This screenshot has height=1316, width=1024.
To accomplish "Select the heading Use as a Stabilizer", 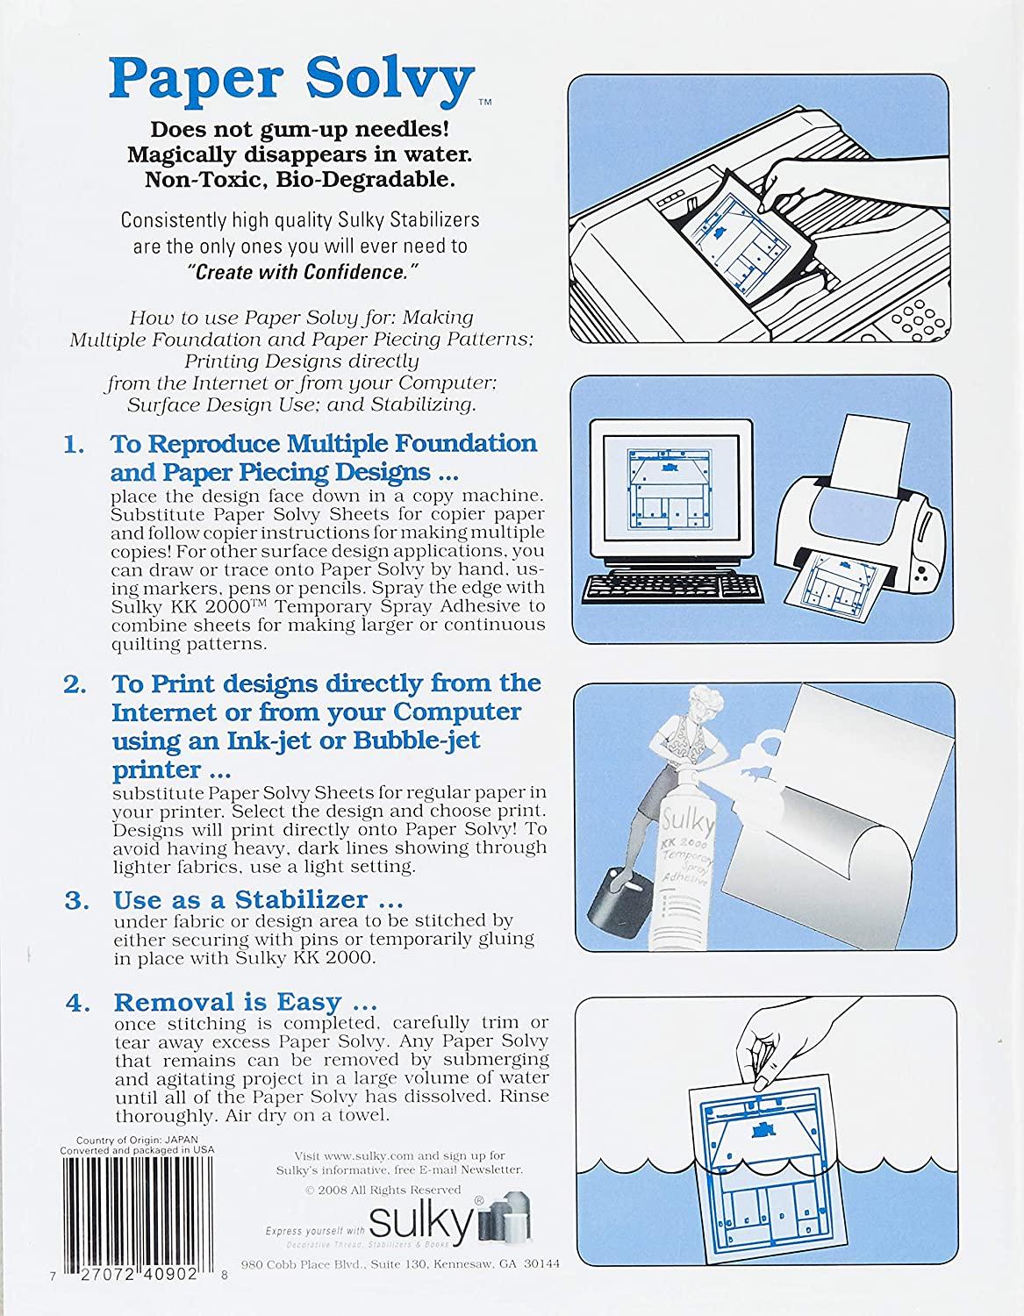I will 240,899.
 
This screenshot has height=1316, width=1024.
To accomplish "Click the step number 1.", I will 74,444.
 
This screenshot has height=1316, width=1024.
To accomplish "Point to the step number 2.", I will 74,683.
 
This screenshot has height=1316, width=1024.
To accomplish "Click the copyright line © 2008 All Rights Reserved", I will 383,1190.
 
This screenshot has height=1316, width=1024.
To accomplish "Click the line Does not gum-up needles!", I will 300,130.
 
